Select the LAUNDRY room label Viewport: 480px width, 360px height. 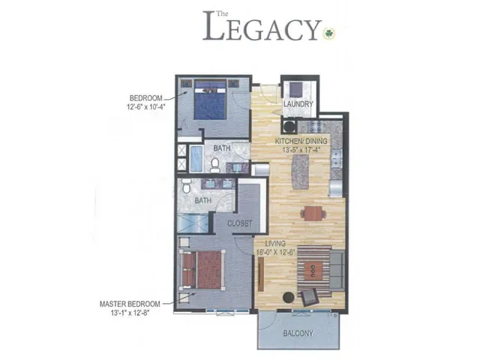click(x=297, y=104)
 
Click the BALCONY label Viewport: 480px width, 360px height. click(x=298, y=332)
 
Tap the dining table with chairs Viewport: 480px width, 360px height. click(x=313, y=213)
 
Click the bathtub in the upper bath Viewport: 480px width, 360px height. click(x=195, y=160)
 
